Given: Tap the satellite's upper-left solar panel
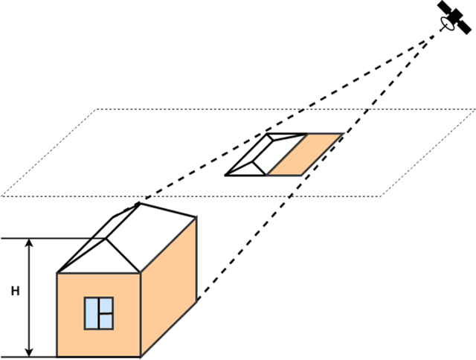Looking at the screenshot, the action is [x=447, y=8].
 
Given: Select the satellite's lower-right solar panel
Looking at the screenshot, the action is [x=463, y=26].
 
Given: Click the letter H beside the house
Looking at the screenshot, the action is [x=15, y=292].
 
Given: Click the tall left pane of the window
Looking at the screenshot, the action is [x=91, y=312].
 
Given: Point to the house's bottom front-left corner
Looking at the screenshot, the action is [x=57, y=356].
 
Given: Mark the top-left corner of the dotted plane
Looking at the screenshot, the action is [x=97, y=109].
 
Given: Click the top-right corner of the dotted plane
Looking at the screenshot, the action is [x=475, y=109].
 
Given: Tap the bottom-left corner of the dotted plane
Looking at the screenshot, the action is [x=2, y=196].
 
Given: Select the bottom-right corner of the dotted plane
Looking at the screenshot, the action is [x=382, y=196].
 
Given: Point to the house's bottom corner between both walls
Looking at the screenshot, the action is [x=141, y=356].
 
